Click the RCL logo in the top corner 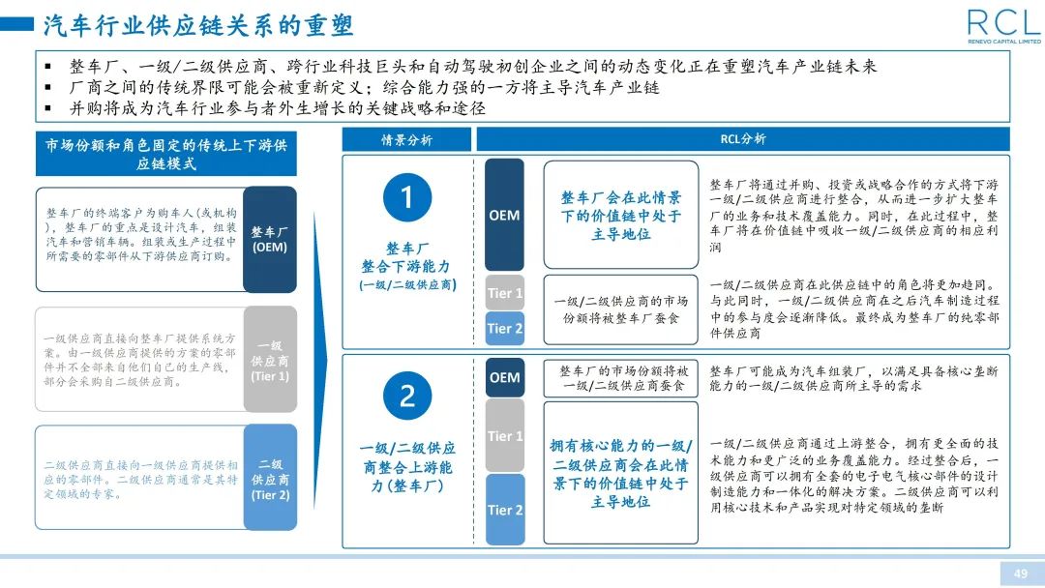pyautogui.click(x=1002, y=25)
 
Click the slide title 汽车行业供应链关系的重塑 pyautogui.click(x=198, y=24)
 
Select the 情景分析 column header pyautogui.click(x=406, y=139)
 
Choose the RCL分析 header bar pyautogui.click(x=742, y=139)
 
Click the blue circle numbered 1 pyautogui.click(x=406, y=196)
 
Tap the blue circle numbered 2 pyautogui.click(x=406, y=395)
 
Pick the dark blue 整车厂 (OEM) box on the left pyautogui.click(x=270, y=239)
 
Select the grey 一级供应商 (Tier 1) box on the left pyautogui.click(x=270, y=360)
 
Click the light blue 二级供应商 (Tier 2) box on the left pyautogui.click(x=270, y=479)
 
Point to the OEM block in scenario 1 pyautogui.click(x=504, y=215)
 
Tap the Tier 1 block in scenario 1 pyautogui.click(x=504, y=293)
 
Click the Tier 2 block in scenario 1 pyautogui.click(x=504, y=329)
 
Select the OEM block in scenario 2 pyautogui.click(x=504, y=377)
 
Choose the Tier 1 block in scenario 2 pyautogui.click(x=504, y=435)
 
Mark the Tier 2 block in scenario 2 pyautogui.click(x=504, y=510)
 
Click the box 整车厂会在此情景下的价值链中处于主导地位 pyautogui.click(x=620, y=215)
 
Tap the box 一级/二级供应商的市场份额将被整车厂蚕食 pyautogui.click(x=620, y=309)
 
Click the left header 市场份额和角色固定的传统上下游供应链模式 pyautogui.click(x=165, y=154)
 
